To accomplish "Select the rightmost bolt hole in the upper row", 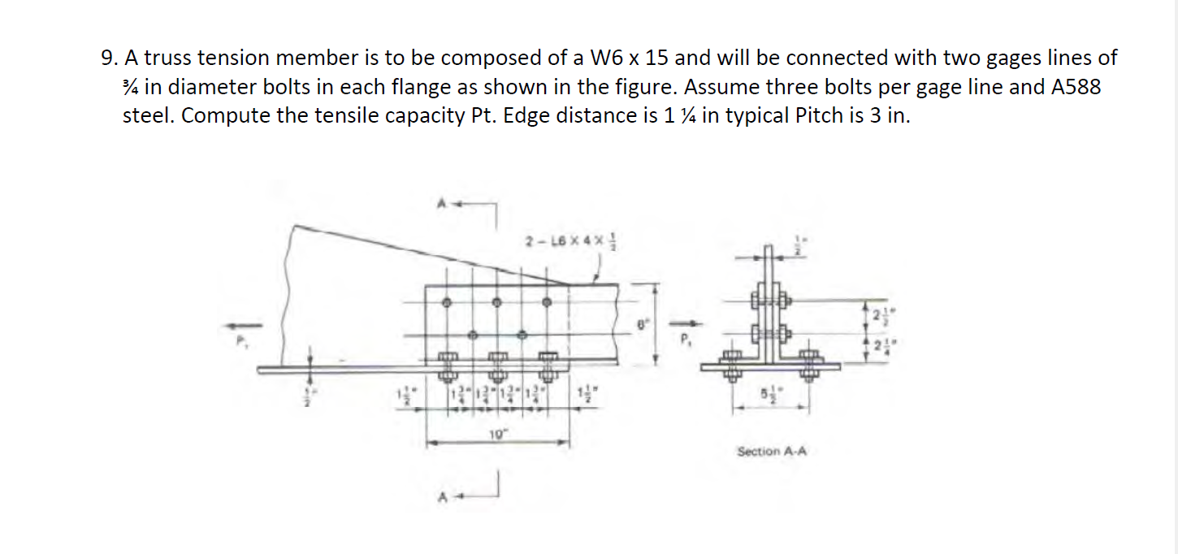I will click(547, 302).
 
